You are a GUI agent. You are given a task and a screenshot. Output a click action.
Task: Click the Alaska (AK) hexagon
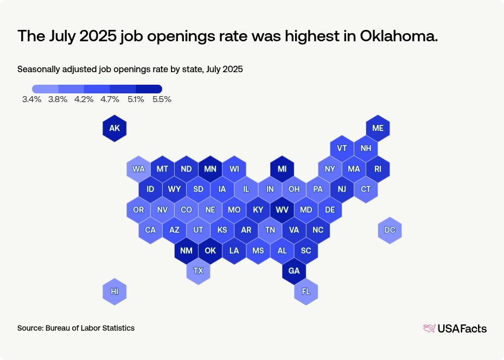click(x=114, y=129)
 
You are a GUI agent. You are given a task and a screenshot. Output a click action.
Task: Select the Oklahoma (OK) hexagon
click(x=210, y=251)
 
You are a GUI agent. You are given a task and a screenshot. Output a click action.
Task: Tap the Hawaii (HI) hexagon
click(x=114, y=292)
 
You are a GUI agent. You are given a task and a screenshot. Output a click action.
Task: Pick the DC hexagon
click(x=390, y=230)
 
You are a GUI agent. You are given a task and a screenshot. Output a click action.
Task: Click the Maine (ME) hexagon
click(x=378, y=129)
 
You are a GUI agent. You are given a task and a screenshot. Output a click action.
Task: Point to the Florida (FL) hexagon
click(x=306, y=292)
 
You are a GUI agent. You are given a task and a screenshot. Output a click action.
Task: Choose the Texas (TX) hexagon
click(x=198, y=271)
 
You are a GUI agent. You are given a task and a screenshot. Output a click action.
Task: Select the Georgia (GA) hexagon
click(x=294, y=271)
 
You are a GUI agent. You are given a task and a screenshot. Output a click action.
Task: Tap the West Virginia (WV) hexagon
click(x=282, y=210)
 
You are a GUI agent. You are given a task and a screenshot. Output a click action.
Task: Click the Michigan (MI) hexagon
click(x=282, y=169)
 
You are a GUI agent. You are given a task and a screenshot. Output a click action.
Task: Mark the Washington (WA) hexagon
click(x=138, y=169)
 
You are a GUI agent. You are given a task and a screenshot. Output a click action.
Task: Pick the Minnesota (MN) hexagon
click(x=210, y=169)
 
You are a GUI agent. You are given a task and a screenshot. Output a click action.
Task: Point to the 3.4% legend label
click(x=32, y=99)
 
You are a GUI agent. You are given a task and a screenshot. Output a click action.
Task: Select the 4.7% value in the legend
click(x=110, y=99)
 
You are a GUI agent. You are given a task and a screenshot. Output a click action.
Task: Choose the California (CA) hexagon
click(x=150, y=230)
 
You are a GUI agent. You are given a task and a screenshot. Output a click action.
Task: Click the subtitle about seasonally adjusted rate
click(x=130, y=70)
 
